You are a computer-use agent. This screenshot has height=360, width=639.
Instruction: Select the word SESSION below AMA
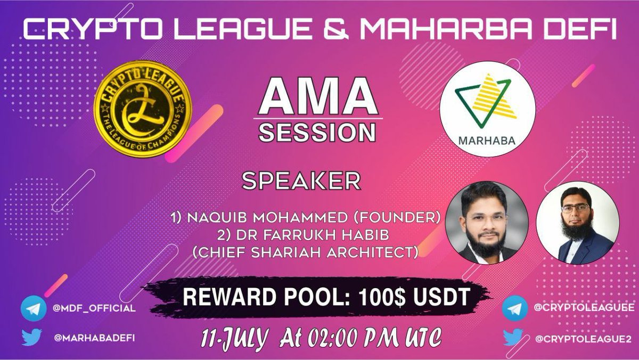[317, 132]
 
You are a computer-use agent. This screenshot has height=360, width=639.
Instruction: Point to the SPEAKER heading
[301, 181]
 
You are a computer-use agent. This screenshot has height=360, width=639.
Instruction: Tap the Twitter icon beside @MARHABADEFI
[32, 337]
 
